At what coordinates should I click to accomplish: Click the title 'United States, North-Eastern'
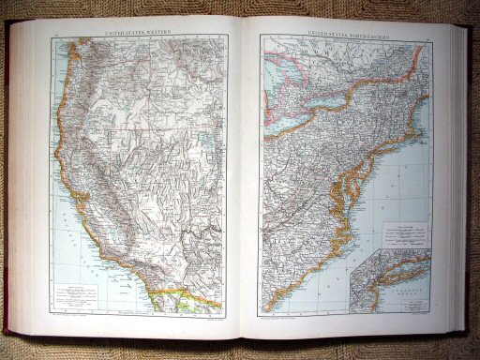pos(343,32)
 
